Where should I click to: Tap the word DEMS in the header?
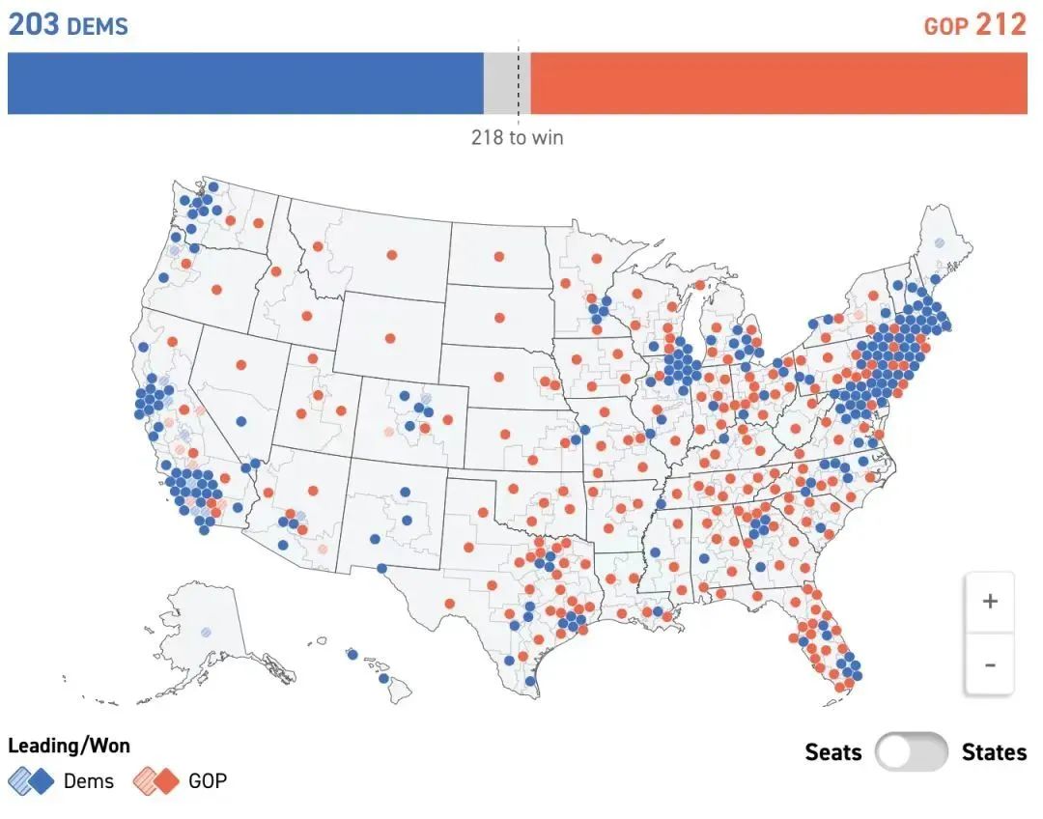click(98, 26)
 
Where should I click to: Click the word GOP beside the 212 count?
click(945, 26)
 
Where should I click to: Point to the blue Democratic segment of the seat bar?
click(245, 83)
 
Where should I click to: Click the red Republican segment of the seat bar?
click(778, 83)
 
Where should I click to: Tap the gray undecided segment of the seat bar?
click(501, 83)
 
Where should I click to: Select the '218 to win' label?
click(517, 137)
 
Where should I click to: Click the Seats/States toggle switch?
click(911, 751)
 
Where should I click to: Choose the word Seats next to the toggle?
click(833, 752)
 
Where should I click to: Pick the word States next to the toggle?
click(994, 752)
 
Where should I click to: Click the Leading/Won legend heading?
click(69, 746)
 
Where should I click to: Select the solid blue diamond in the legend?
click(42, 780)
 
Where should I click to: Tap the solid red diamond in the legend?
click(166, 780)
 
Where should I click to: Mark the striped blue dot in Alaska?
click(206, 632)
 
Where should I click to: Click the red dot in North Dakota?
click(498, 256)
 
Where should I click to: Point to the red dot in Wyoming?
click(390, 338)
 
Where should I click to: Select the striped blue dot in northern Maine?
click(939, 243)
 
